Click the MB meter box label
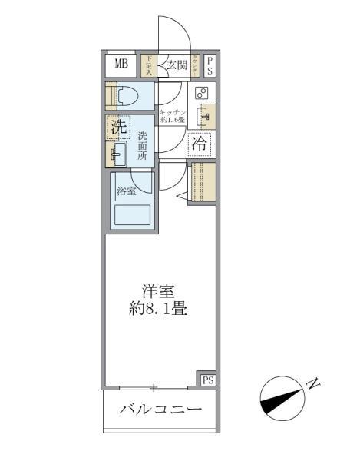click(x=121, y=64)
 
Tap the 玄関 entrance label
click(x=177, y=65)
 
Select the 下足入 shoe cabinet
click(x=150, y=64)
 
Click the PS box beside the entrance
click(x=210, y=65)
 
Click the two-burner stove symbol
click(x=202, y=93)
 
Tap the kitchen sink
click(x=203, y=116)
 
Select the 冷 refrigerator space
click(x=200, y=143)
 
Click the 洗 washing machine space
click(x=118, y=128)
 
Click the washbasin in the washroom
click(x=117, y=154)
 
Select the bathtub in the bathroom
click(x=131, y=214)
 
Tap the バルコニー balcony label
click(x=160, y=409)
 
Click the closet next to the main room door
click(x=203, y=182)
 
